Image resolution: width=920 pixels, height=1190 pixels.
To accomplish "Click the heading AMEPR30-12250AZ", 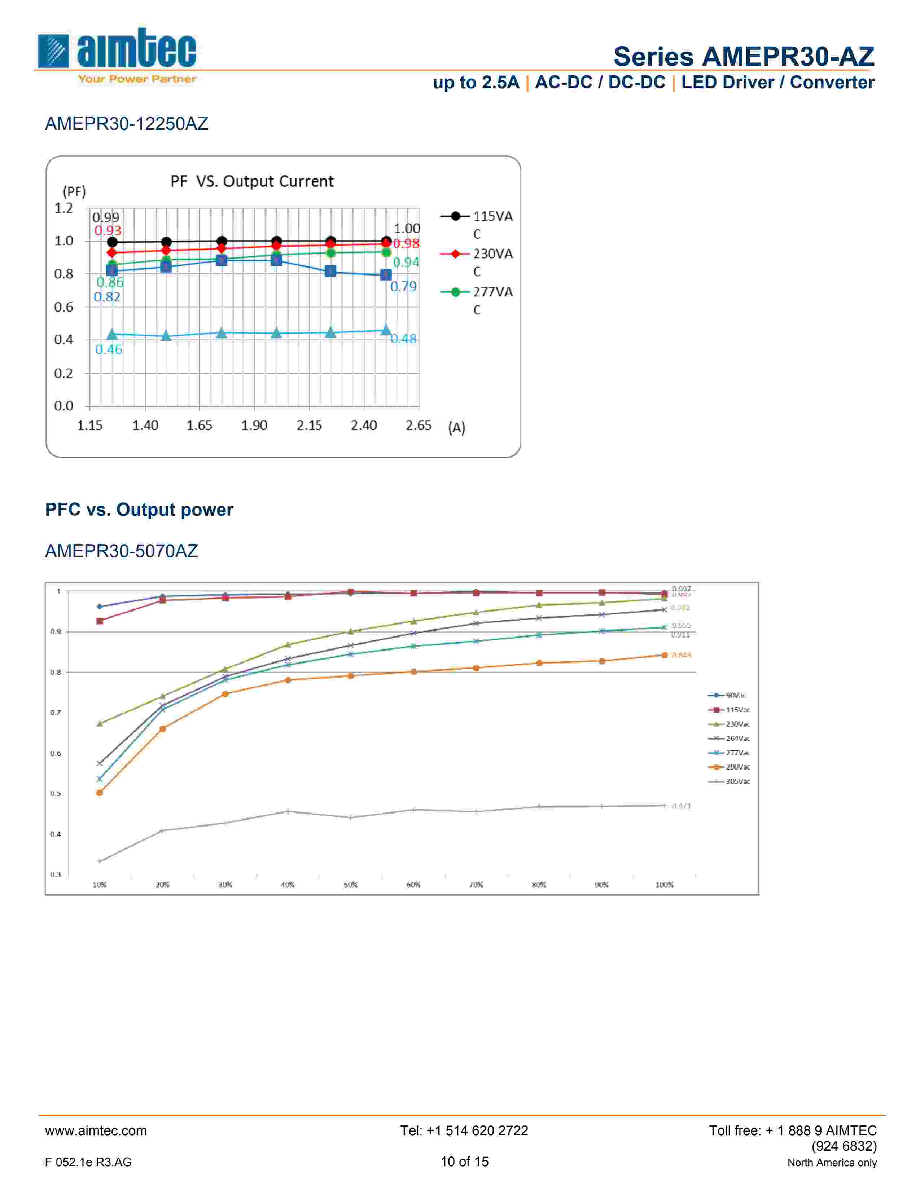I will click(126, 124).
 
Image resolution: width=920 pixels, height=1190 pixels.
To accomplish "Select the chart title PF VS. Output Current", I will click(252, 181).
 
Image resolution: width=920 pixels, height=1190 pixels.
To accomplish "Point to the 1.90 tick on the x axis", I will click(254, 426).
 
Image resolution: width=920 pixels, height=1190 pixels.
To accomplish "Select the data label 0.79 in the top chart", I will click(403, 287).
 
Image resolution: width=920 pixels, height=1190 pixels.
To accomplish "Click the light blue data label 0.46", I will click(109, 350).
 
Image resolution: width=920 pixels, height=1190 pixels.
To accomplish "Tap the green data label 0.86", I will click(110, 282).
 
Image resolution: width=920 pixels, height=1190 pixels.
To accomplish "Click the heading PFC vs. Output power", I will click(139, 510).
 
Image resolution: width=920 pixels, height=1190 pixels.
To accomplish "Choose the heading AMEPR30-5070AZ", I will click(121, 551).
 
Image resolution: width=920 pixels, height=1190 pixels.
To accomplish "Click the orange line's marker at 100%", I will click(664, 655).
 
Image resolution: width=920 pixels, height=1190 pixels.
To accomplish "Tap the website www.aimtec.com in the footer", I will click(96, 1130).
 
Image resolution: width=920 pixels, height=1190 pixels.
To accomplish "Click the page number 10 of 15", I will click(464, 1162).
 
